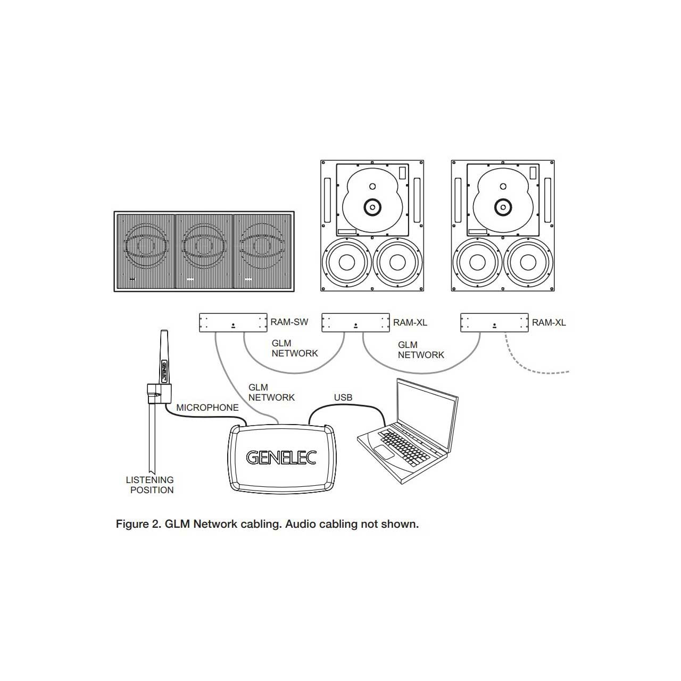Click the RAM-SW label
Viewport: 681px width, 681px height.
pyautogui.click(x=289, y=322)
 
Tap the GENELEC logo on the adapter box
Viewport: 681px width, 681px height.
pyautogui.click(x=281, y=458)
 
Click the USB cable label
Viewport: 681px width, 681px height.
pyautogui.click(x=343, y=397)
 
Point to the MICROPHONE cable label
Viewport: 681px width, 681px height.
pyautogui.click(x=207, y=408)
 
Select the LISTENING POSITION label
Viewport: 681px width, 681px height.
pyautogui.click(x=151, y=485)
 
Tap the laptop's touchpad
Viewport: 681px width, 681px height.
pyautogui.click(x=382, y=451)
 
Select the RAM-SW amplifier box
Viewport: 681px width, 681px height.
pyautogui.click(x=233, y=323)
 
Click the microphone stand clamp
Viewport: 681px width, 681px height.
pyautogui.click(x=158, y=394)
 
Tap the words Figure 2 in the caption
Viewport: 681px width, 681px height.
pyautogui.click(x=137, y=524)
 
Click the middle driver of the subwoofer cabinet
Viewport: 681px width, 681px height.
pyautogui.click(x=203, y=245)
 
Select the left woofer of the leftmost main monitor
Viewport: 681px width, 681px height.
pyautogui.click(x=346, y=263)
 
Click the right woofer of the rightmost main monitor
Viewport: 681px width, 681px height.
pyautogui.click(x=528, y=263)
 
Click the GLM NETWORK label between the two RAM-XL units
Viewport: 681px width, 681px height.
pyautogui.click(x=420, y=350)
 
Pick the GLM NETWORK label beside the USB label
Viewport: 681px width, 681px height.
pyautogui.click(x=271, y=393)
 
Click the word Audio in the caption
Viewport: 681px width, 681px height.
pyautogui.click(x=300, y=524)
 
